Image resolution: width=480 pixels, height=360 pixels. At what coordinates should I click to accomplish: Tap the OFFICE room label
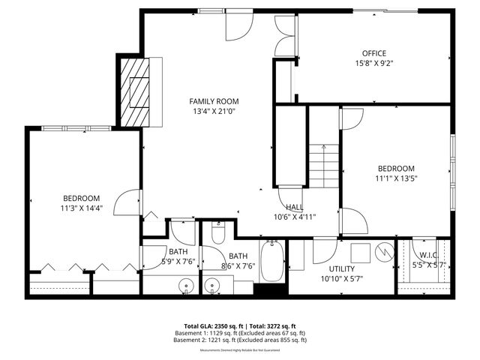(x=373, y=53)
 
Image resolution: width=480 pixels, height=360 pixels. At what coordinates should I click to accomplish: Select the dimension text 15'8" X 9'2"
(x=373, y=63)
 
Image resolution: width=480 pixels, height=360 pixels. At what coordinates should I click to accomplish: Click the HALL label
(x=294, y=207)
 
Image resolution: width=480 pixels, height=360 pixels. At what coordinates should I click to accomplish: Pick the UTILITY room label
(x=342, y=268)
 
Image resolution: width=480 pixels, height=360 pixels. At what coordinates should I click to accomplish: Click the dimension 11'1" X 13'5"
(x=395, y=178)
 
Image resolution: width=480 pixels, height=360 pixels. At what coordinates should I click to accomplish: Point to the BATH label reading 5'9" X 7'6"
(x=178, y=252)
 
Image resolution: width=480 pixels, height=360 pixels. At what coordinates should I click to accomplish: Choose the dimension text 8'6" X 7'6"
(x=237, y=265)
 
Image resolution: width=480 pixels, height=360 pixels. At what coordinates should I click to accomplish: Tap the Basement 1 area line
(x=239, y=332)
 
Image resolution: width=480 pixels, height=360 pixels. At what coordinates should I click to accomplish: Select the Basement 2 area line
(x=239, y=340)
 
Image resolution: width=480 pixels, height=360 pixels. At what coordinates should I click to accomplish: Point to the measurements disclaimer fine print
(x=239, y=350)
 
